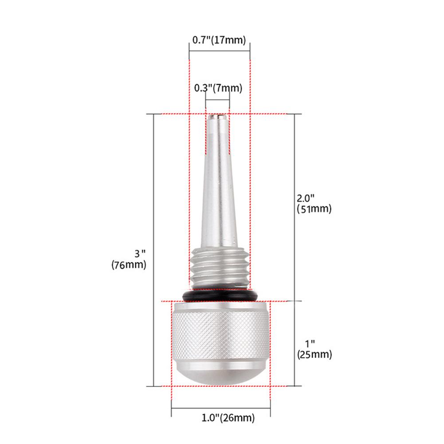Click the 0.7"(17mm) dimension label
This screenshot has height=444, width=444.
click(219, 40)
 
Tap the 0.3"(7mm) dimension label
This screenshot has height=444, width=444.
click(218, 88)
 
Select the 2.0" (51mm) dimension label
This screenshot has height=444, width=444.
click(314, 203)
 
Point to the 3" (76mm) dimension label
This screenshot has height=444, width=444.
click(129, 259)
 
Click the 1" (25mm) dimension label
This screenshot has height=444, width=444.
click(314, 349)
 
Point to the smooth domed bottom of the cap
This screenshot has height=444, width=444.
click(220, 375)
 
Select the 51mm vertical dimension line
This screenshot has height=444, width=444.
click(295, 169)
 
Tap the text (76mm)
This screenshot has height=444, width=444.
click(129, 265)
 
